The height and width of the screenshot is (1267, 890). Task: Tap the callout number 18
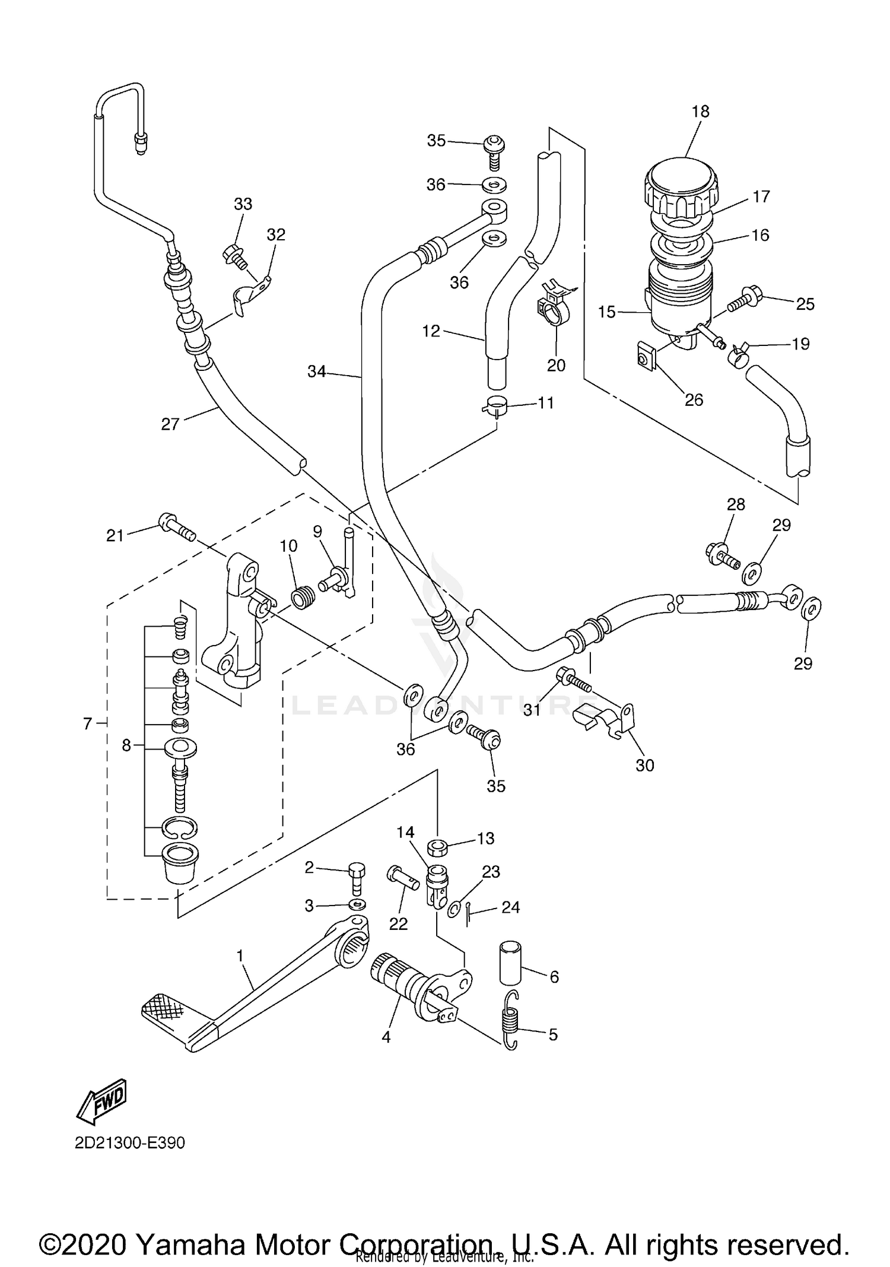point(700,112)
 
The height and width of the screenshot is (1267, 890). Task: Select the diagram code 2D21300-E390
point(130,1143)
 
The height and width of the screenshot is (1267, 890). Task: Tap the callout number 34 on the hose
point(316,372)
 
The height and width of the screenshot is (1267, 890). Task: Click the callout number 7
point(88,723)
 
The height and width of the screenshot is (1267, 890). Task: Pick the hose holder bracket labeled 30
point(605,717)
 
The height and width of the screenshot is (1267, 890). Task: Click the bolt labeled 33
point(234,256)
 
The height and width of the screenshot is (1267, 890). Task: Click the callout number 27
point(170,424)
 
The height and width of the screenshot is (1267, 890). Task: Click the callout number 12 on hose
point(431,331)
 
